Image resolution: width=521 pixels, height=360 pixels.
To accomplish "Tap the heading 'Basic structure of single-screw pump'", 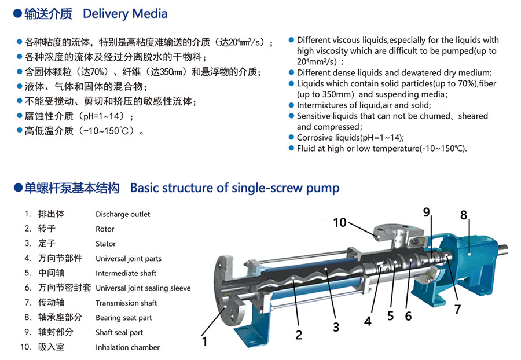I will (234, 188).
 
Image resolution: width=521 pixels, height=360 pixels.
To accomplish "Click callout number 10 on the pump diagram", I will (340, 222).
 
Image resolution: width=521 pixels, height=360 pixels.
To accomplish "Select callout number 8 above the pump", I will (464, 215).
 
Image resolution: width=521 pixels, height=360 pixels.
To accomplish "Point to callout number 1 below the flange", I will (204, 341).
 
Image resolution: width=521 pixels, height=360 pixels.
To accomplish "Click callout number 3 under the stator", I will (336, 326).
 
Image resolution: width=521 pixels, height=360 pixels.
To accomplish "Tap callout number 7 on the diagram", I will (457, 309).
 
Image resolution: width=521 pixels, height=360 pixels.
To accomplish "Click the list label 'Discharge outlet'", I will (123, 214).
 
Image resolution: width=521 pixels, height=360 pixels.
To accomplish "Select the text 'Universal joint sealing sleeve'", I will (143, 288).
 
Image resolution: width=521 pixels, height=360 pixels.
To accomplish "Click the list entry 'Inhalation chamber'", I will (127, 347).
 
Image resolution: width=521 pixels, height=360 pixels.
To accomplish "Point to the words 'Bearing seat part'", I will (124, 318).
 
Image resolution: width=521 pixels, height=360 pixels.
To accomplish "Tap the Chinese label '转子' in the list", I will (46, 229).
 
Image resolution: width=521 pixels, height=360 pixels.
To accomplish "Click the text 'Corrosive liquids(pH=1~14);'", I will (350, 138).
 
